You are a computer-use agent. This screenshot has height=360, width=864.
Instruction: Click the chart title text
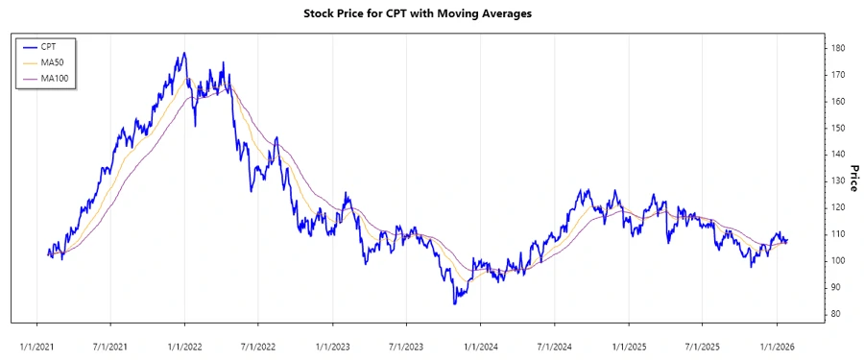coord(417,14)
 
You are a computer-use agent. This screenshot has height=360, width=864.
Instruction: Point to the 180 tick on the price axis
coord(838,48)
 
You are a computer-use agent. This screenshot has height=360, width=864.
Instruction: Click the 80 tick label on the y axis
coord(835,314)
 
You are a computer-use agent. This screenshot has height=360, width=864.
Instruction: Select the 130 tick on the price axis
coord(838,180)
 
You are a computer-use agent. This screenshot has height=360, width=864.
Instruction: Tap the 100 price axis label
coord(838,260)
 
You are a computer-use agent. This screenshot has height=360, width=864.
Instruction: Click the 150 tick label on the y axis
coord(838,128)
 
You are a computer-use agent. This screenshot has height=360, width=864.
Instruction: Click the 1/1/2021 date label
coord(36,341)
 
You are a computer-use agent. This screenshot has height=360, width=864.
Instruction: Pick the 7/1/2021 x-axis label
coord(110,341)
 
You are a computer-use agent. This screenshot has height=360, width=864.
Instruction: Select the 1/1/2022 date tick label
coord(184,341)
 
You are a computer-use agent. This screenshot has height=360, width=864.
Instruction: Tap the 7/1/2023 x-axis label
coord(407,341)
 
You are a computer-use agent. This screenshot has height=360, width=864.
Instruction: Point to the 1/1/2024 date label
coord(481,341)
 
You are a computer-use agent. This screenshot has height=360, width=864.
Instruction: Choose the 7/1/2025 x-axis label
coord(703,341)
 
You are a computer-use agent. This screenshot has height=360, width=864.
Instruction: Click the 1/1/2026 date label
coord(777,341)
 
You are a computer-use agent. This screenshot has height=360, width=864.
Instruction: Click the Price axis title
coord(853,180)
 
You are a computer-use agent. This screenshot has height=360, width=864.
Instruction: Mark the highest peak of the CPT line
coord(183,54)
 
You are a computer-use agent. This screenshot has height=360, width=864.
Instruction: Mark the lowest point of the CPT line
coord(455,303)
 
